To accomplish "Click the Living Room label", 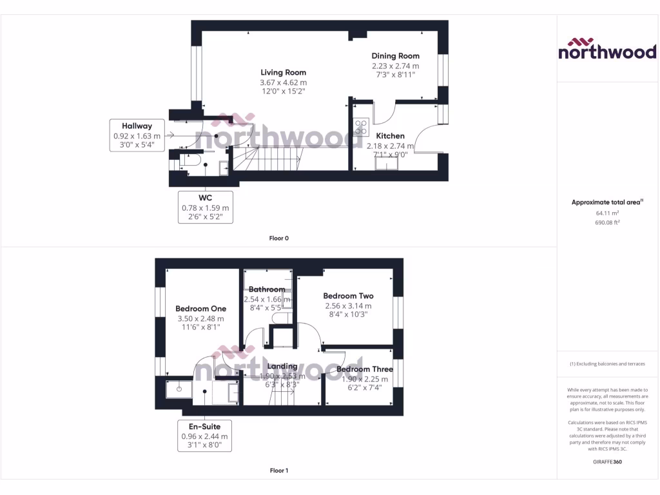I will [x=283, y=73].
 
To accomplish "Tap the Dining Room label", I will [x=395, y=56].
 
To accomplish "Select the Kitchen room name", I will [x=390, y=136].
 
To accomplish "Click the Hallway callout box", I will [x=137, y=135].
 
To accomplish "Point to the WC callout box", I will [x=205, y=207].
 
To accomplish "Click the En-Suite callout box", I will [x=204, y=436].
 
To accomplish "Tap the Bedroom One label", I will [x=200, y=309].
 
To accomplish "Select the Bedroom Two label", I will [x=348, y=296].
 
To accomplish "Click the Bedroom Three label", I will [x=364, y=369].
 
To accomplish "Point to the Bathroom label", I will [x=267, y=289].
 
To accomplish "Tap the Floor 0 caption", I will [x=278, y=238].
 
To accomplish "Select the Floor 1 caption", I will [x=278, y=471].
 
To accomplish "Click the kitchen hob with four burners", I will [x=361, y=127].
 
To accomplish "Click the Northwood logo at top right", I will [x=607, y=49].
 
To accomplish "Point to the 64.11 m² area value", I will [x=607, y=213].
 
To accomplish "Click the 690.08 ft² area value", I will [x=607, y=222].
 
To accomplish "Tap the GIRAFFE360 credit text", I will [x=607, y=461].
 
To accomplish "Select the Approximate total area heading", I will [x=607, y=202].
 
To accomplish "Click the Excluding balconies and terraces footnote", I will [x=607, y=364].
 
